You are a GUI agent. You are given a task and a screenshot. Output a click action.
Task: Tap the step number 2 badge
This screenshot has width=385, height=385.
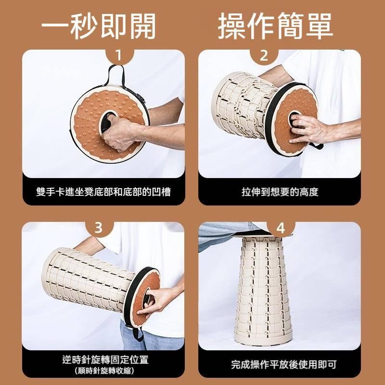pos(264,56)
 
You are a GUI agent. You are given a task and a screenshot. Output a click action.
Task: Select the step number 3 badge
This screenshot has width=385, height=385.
pos(98,228)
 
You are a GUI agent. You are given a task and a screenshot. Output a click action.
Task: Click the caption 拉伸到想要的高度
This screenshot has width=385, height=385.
pos(280,192)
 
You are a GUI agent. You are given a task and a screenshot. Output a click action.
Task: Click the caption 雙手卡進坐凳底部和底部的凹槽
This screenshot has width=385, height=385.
pos(103,192)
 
